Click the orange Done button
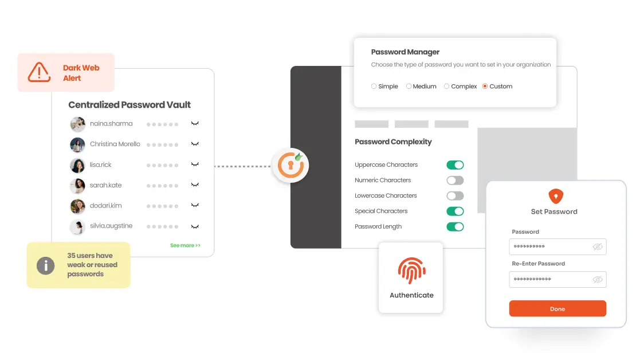(557, 308)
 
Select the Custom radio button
(485, 87)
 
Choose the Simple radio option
(374, 87)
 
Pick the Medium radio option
(409, 87)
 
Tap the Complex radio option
(447, 87)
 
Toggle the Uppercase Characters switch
(455, 165)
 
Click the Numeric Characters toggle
(455, 181)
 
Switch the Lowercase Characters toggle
(455, 196)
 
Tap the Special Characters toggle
(455, 212)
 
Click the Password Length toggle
(455, 227)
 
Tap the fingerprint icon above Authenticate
(411, 271)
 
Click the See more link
(185, 245)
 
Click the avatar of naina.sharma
(77, 124)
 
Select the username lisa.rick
(101, 165)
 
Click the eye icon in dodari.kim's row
(195, 205)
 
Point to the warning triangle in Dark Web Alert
(39, 72)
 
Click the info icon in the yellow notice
(45, 265)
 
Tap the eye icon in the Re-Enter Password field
(598, 279)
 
